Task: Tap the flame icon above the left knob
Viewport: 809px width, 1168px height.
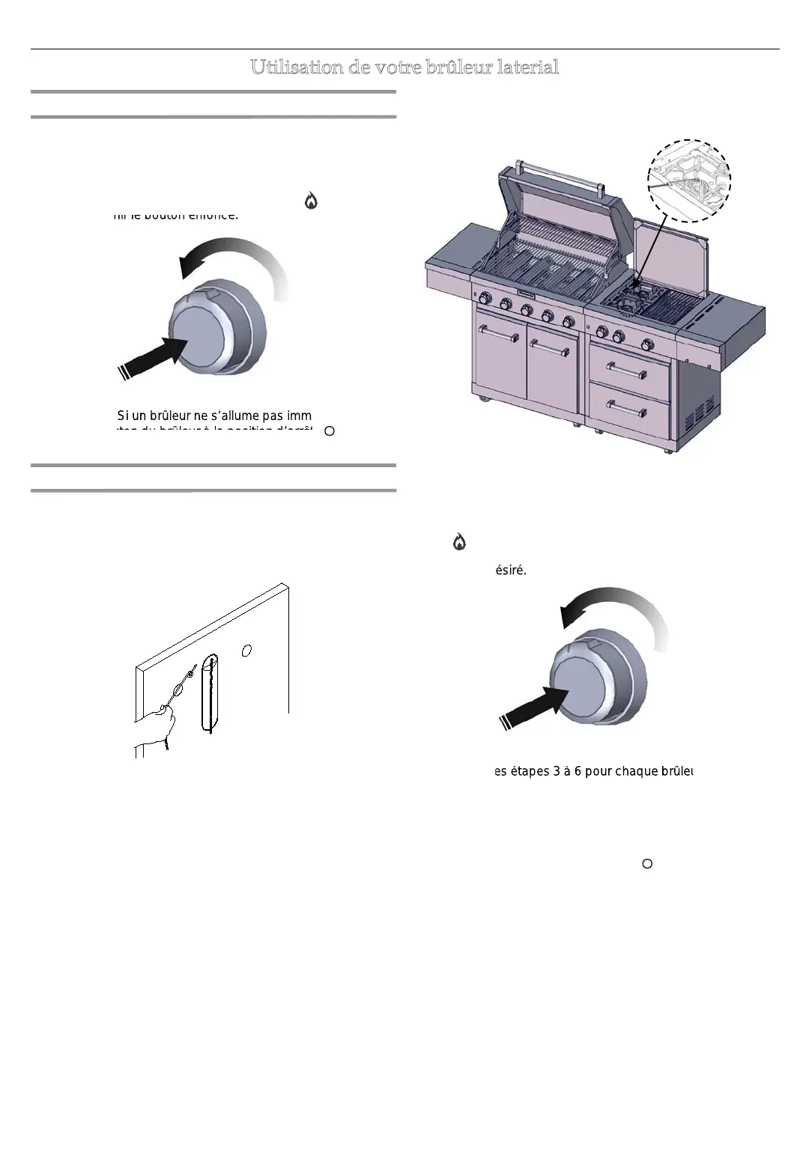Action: (x=311, y=200)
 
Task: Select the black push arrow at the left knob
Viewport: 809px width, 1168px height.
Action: (x=154, y=356)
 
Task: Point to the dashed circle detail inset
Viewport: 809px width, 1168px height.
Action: (x=688, y=180)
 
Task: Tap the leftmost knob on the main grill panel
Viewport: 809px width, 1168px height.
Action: (x=485, y=299)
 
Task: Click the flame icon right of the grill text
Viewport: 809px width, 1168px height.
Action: (x=459, y=542)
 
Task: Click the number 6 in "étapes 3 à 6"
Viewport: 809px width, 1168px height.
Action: (x=578, y=771)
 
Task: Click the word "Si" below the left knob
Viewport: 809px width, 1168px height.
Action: (x=123, y=416)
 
